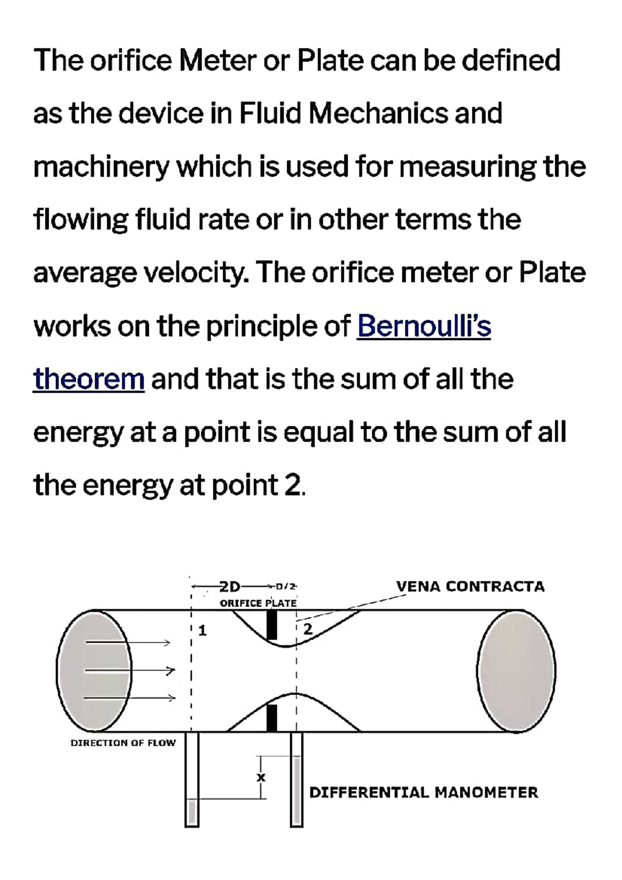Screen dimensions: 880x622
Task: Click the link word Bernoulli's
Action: pyautogui.click(x=423, y=326)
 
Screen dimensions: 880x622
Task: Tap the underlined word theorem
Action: pyautogui.click(x=89, y=379)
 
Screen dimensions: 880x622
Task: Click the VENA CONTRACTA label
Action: pyautogui.click(x=470, y=587)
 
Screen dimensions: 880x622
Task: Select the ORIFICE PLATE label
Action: pyautogui.click(x=258, y=603)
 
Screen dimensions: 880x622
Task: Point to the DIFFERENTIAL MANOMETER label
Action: pyautogui.click(x=423, y=792)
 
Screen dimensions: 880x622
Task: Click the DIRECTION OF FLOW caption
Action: pyautogui.click(x=123, y=743)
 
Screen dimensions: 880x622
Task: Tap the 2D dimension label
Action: pyautogui.click(x=230, y=587)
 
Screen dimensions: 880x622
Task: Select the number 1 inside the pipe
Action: pyautogui.click(x=203, y=631)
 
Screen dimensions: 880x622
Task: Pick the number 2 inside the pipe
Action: pyautogui.click(x=308, y=630)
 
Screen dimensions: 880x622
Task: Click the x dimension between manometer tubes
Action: pyautogui.click(x=261, y=777)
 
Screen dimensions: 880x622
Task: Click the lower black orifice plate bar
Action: pyautogui.click(x=272, y=718)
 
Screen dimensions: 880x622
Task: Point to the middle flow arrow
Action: pyautogui.click(x=130, y=670)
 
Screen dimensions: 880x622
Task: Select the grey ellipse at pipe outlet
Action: pyautogui.click(x=516, y=671)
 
